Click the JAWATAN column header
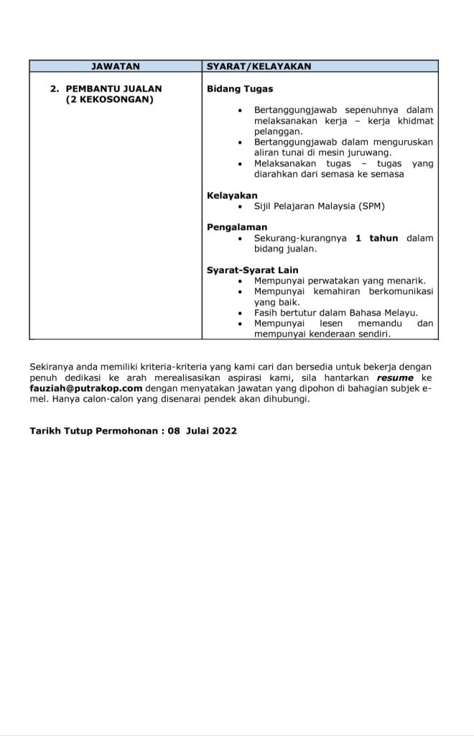(116, 66)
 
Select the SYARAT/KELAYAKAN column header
(259, 66)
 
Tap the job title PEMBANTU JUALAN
(113, 88)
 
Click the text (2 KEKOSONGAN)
(109, 100)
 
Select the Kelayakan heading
(232, 195)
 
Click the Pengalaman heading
(237, 227)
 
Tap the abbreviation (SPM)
(369, 206)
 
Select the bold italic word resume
(395, 378)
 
